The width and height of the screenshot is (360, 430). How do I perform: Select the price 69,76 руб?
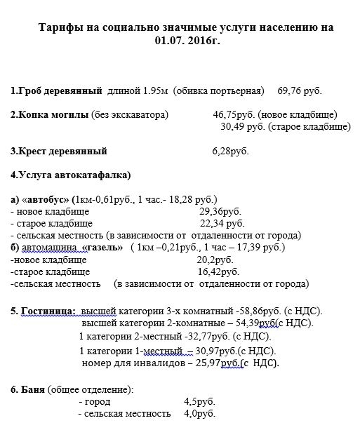pos(300,91)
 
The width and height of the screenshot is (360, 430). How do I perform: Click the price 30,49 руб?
pos(243,126)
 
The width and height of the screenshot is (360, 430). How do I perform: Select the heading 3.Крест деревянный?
pos(59,150)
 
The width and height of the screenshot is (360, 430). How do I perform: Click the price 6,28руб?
pos(229,150)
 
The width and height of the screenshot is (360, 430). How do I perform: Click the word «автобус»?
pos(51,199)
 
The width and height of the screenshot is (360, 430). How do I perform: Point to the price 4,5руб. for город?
pos(199,402)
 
